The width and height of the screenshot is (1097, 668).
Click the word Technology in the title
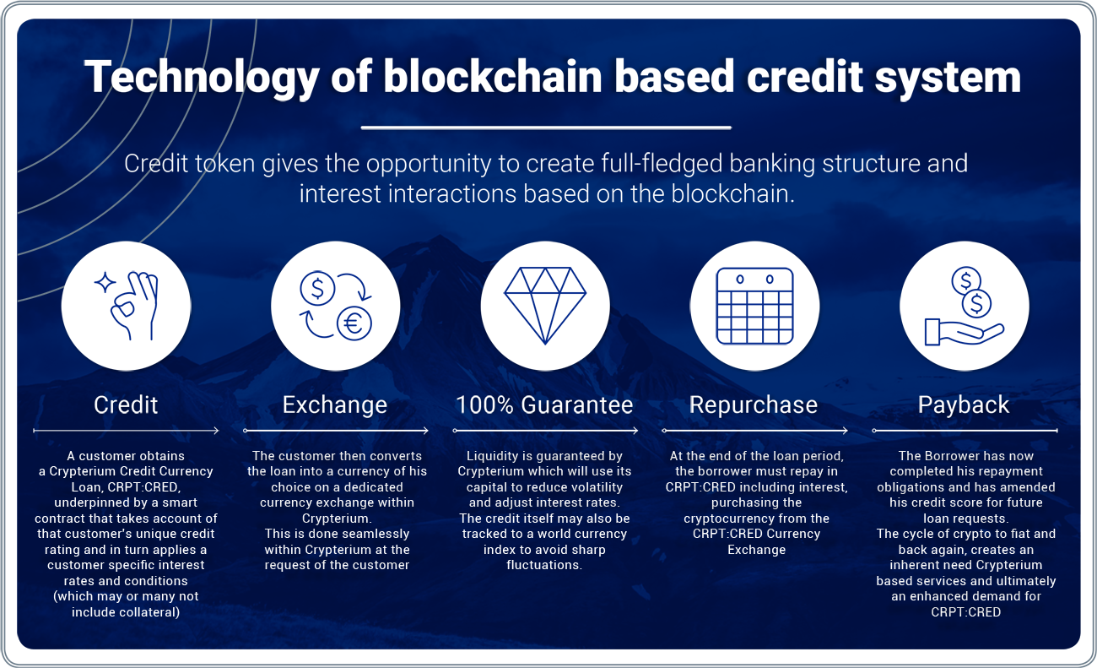click(x=202, y=78)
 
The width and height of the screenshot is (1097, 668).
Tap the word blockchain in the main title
click(x=493, y=77)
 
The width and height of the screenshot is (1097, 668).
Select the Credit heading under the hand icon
click(x=126, y=405)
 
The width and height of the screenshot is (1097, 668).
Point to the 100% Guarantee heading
click(x=544, y=405)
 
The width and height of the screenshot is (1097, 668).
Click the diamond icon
click(x=545, y=306)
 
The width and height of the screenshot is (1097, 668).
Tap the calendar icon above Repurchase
click(x=754, y=306)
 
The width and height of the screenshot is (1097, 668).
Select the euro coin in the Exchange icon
click(x=354, y=323)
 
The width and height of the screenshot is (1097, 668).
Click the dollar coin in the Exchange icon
click(x=317, y=288)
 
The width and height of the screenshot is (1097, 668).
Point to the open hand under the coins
click(x=964, y=332)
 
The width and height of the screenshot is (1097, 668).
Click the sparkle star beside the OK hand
click(x=105, y=282)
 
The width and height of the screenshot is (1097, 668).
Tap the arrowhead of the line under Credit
click(x=216, y=431)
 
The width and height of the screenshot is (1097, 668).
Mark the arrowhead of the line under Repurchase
click(x=845, y=431)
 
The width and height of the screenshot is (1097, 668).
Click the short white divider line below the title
click(x=546, y=128)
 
